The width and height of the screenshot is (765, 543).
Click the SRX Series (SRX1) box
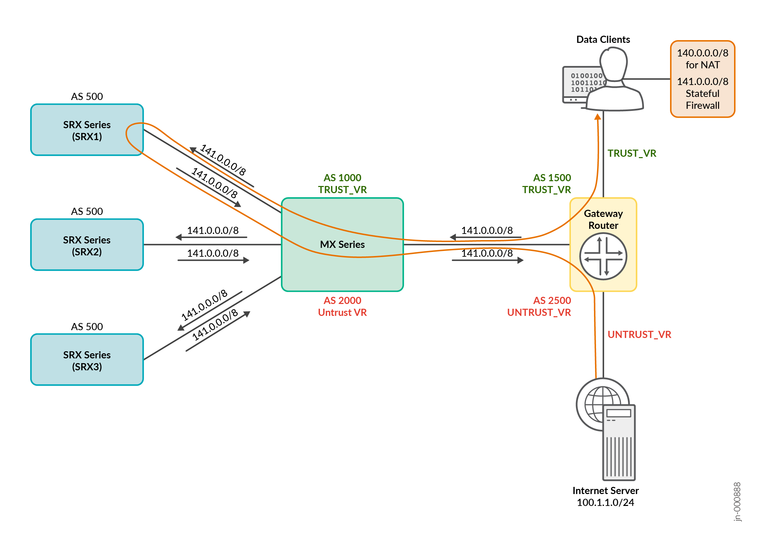(x=87, y=130)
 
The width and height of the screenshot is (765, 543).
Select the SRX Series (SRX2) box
(x=87, y=245)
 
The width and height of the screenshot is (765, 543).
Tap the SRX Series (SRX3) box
(x=87, y=360)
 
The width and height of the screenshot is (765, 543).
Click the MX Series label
(x=342, y=244)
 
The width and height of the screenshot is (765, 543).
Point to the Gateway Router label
(x=603, y=219)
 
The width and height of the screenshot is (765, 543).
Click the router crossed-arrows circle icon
(x=603, y=256)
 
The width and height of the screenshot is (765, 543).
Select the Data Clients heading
(x=603, y=39)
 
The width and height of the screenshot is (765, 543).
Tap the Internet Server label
(x=605, y=491)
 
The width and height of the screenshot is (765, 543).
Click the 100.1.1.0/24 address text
(x=605, y=503)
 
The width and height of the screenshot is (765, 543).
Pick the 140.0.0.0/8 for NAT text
(x=702, y=59)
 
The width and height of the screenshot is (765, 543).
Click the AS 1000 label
(x=342, y=177)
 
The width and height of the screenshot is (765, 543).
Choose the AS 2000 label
(x=342, y=300)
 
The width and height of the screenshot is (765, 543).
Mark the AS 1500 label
(x=552, y=177)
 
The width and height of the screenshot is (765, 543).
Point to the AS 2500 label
(x=552, y=300)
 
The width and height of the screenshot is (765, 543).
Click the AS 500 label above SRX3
(x=87, y=327)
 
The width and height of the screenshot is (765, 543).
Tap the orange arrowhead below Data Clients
(x=597, y=117)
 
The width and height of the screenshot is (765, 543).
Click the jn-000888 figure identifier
(x=737, y=502)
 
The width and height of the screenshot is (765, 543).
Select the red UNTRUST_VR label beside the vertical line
(x=639, y=335)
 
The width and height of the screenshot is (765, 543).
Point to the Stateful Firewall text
(x=702, y=99)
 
